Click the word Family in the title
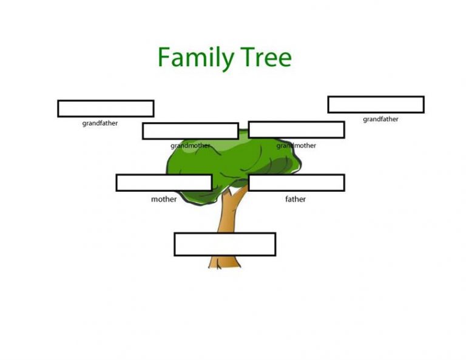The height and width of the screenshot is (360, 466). [x=196, y=58]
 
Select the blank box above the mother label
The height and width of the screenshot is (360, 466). [x=164, y=183]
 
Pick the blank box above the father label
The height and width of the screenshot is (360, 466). [x=296, y=183]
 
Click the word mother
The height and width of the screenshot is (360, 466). [x=164, y=199]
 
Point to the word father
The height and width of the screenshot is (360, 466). [x=295, y=199]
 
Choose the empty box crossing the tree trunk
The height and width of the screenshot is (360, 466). [x=225, y=245]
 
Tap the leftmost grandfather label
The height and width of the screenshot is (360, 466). [x=100, y=123]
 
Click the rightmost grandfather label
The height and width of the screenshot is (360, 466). [x=380, y=119]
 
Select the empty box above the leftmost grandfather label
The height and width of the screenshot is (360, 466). [x=106, y=109]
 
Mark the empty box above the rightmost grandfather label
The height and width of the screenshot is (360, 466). [x=376, y=104]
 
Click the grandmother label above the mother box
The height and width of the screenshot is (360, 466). [x=190, y=146]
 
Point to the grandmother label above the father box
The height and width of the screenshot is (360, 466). [x=296, y=146]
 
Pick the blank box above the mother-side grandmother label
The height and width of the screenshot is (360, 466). [x=191, y=131]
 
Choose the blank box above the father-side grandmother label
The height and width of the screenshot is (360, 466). [x=296, y=130]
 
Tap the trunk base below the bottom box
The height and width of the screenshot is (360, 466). [x=225, y=262]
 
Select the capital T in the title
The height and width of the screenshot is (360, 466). [x=248, y=57]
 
